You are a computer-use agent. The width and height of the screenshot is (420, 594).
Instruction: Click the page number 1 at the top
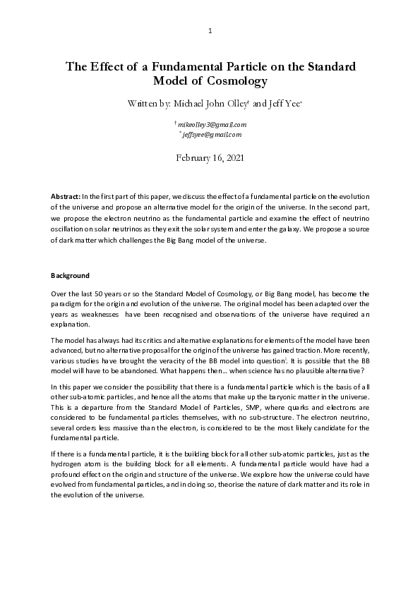point(210,31)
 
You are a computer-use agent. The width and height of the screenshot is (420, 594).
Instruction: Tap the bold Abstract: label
point(66,195)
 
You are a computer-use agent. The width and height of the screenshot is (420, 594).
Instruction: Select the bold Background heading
point(69,274)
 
